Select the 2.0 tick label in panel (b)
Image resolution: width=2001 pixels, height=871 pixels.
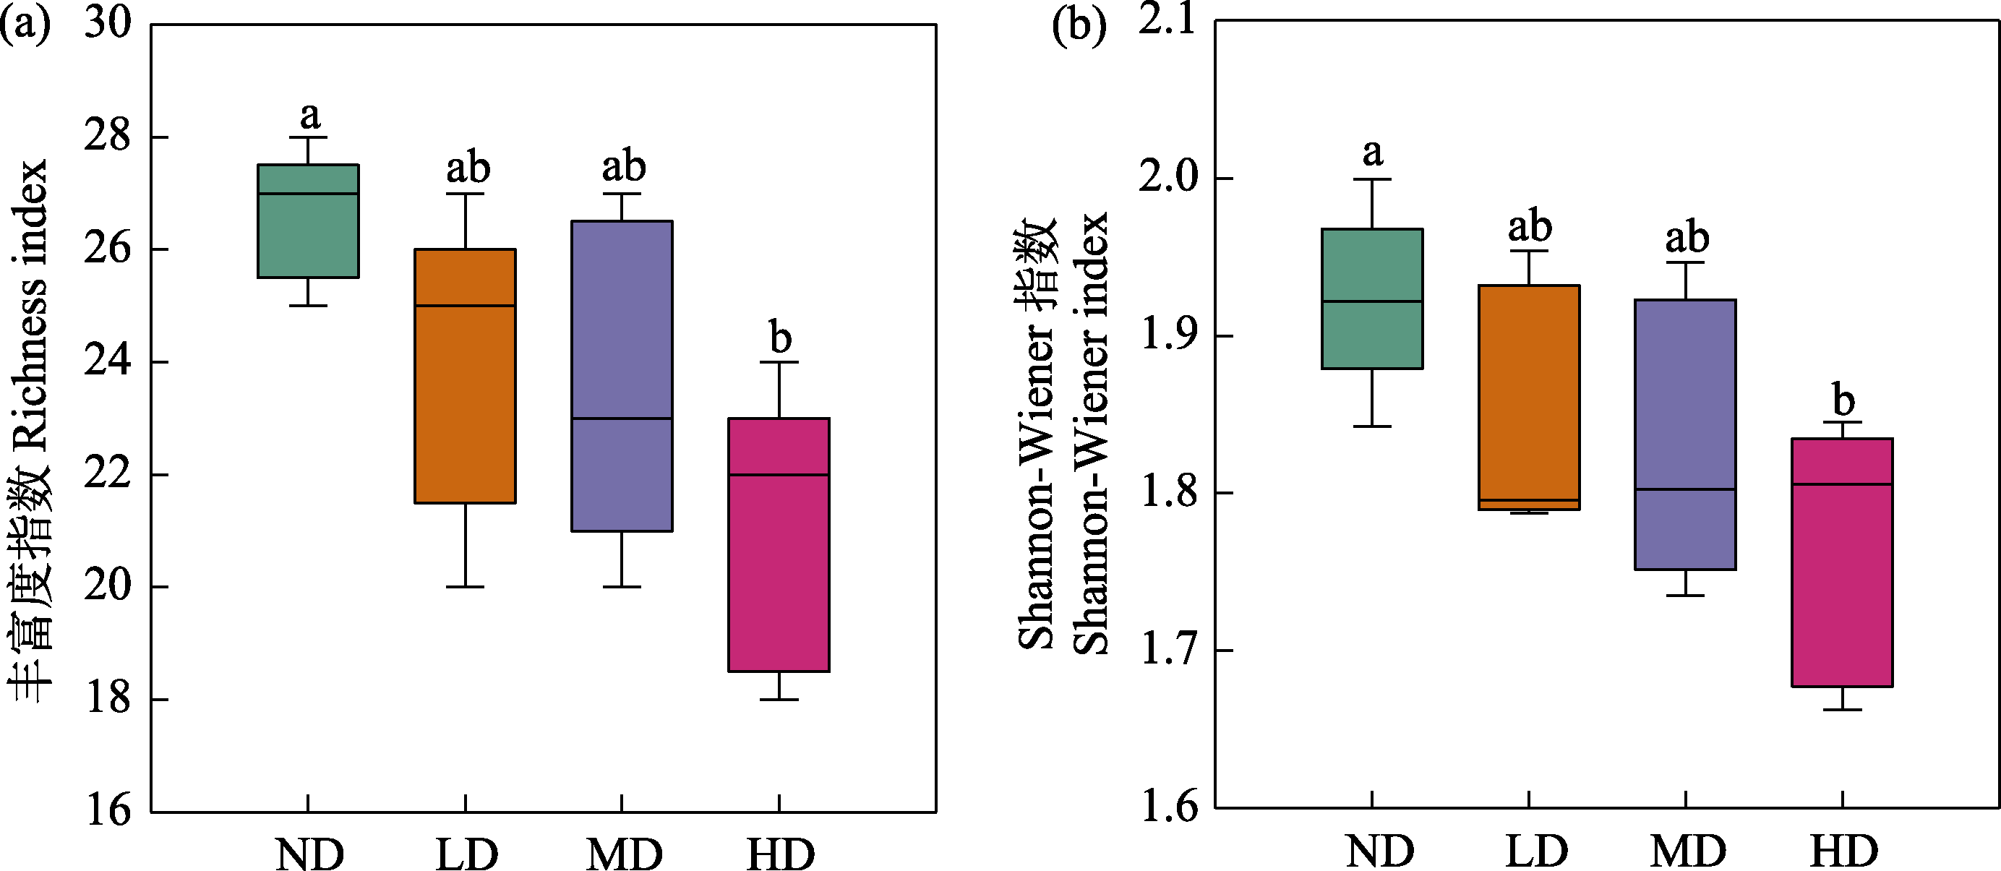(x=1166, y=179)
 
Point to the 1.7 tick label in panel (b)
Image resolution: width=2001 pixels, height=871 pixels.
(x=1166, y=651)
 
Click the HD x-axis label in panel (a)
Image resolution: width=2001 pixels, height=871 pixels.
(x=780, y=854)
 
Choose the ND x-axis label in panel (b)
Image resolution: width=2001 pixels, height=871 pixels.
(x=1379, y=851)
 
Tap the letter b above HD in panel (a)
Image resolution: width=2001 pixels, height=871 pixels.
(x=780, y=338)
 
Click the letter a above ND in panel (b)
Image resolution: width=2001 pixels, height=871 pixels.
(x=1373, y=153)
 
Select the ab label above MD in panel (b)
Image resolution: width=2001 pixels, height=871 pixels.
(x=1687, y=237)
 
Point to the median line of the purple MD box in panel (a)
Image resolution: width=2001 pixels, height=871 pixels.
(x=622, y=419)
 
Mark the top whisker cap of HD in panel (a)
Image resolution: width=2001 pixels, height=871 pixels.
(x=779, y=362)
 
